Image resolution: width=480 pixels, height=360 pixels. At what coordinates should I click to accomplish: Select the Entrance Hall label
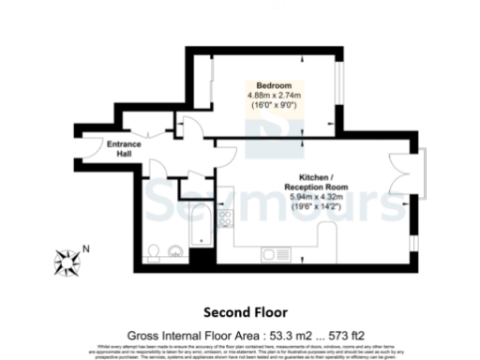point(125,148)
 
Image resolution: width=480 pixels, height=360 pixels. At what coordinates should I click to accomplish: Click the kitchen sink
point(278,254)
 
